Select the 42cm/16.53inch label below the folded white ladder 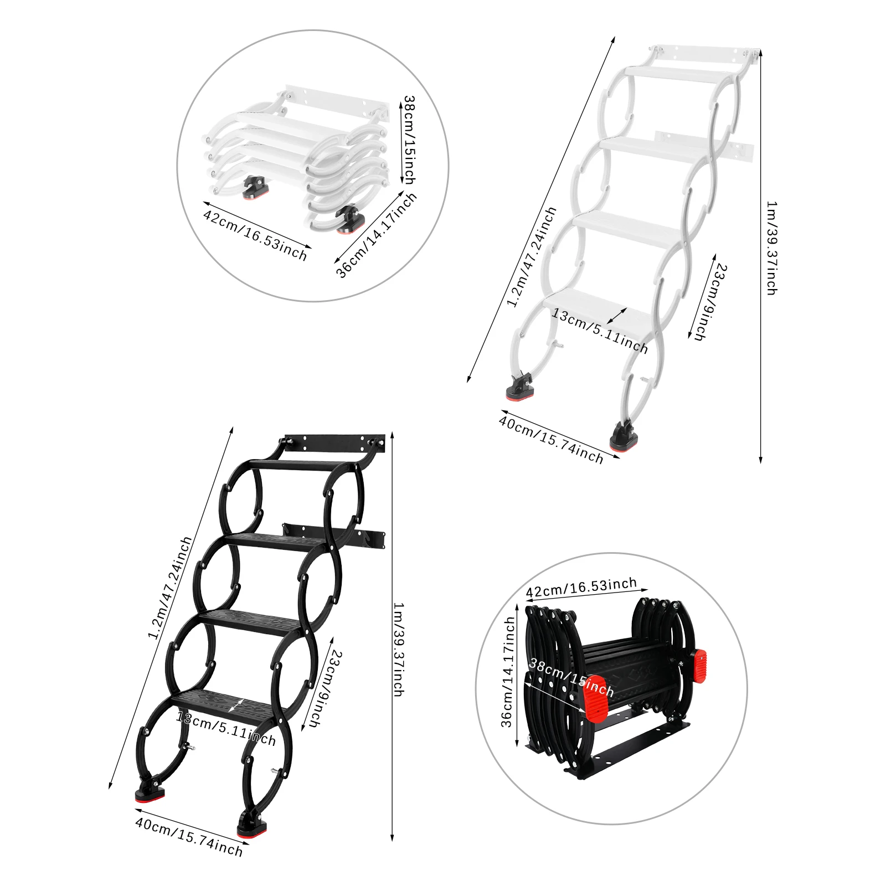tap(255, 235)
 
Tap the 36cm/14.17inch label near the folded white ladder tap(376, 234)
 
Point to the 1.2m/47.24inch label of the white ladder tap(532, 256)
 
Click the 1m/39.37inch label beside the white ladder tap(771, 248)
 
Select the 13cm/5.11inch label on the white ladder tap(600, 331)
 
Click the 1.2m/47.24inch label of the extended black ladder tap(170, 587)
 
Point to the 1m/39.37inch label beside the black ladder tap(398, 649)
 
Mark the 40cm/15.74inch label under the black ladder tap(189, 838)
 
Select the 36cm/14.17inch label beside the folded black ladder tap(508, 672)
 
